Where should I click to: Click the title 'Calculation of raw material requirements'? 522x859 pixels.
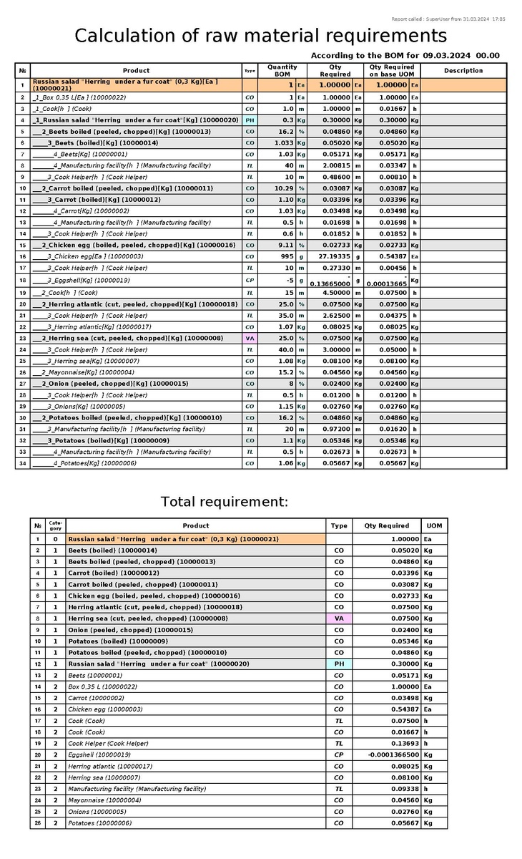[x=261, y=36]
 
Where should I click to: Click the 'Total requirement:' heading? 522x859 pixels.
[x=225, y=502]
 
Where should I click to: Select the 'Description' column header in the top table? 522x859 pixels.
[x=463, y=71]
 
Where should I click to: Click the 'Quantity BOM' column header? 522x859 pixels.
[x=282, y=70]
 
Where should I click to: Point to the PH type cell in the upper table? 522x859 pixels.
[x=250, y=120]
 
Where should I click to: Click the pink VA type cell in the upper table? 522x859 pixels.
[x=250, y=338]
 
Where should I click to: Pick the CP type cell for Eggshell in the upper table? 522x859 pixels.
[x=250, y=280]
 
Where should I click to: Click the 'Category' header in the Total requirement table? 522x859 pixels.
[x=55, y=525]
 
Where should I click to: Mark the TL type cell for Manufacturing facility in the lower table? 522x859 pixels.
[x=339, y=789]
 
